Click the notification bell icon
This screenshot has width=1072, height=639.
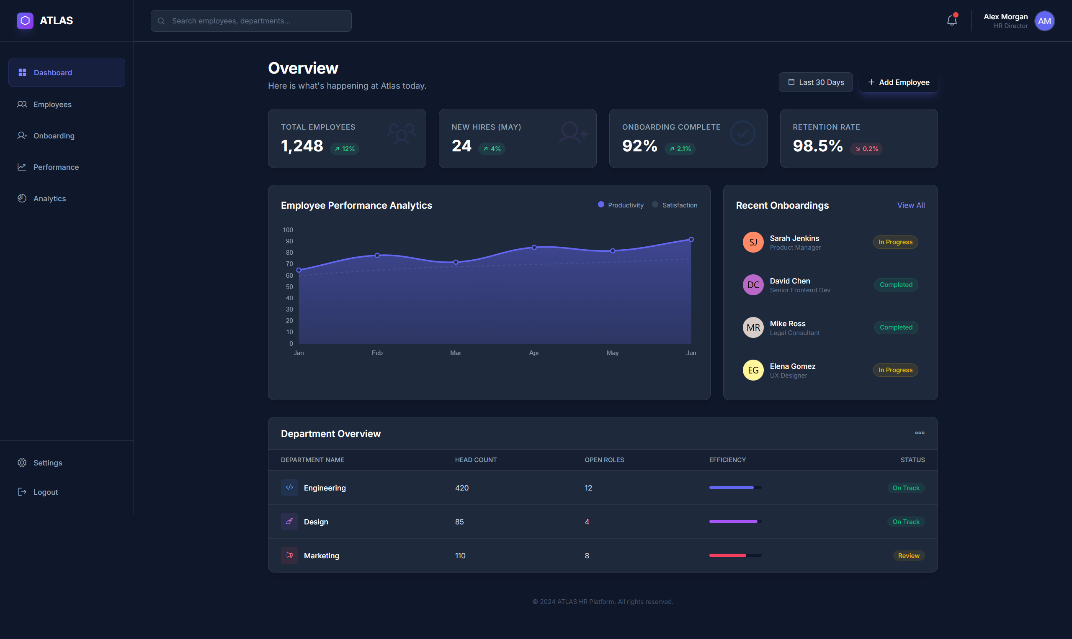[x=951, y=20]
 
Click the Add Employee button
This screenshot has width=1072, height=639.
[x=898, y=82]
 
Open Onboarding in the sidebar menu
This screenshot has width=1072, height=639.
[x=54, y=135]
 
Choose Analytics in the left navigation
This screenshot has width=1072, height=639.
[x=49, y=199]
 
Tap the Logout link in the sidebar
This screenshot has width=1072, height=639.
[x=45, y=492]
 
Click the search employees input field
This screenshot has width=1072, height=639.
[x=251, y=20]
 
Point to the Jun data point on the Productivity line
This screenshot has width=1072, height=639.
[x=691, y=239]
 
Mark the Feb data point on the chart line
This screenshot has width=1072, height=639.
[x=377, y=256]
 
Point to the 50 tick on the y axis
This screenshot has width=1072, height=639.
[x=289, y=287]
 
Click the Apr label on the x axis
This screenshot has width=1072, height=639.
[x=533, y=353]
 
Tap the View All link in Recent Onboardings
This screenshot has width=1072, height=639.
[x=910, y=205]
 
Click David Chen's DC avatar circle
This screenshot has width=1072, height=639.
[x=752, y=285]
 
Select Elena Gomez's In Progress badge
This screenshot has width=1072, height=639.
[x=895, y=370]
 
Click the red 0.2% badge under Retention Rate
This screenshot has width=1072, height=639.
[x=866, y=148]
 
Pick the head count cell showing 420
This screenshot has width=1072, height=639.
[x=461, y=488]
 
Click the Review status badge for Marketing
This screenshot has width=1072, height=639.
[x=908, y=555]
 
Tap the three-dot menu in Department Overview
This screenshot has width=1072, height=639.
[x=919, y=433]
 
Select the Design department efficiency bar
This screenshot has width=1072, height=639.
[x=735, y=521]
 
